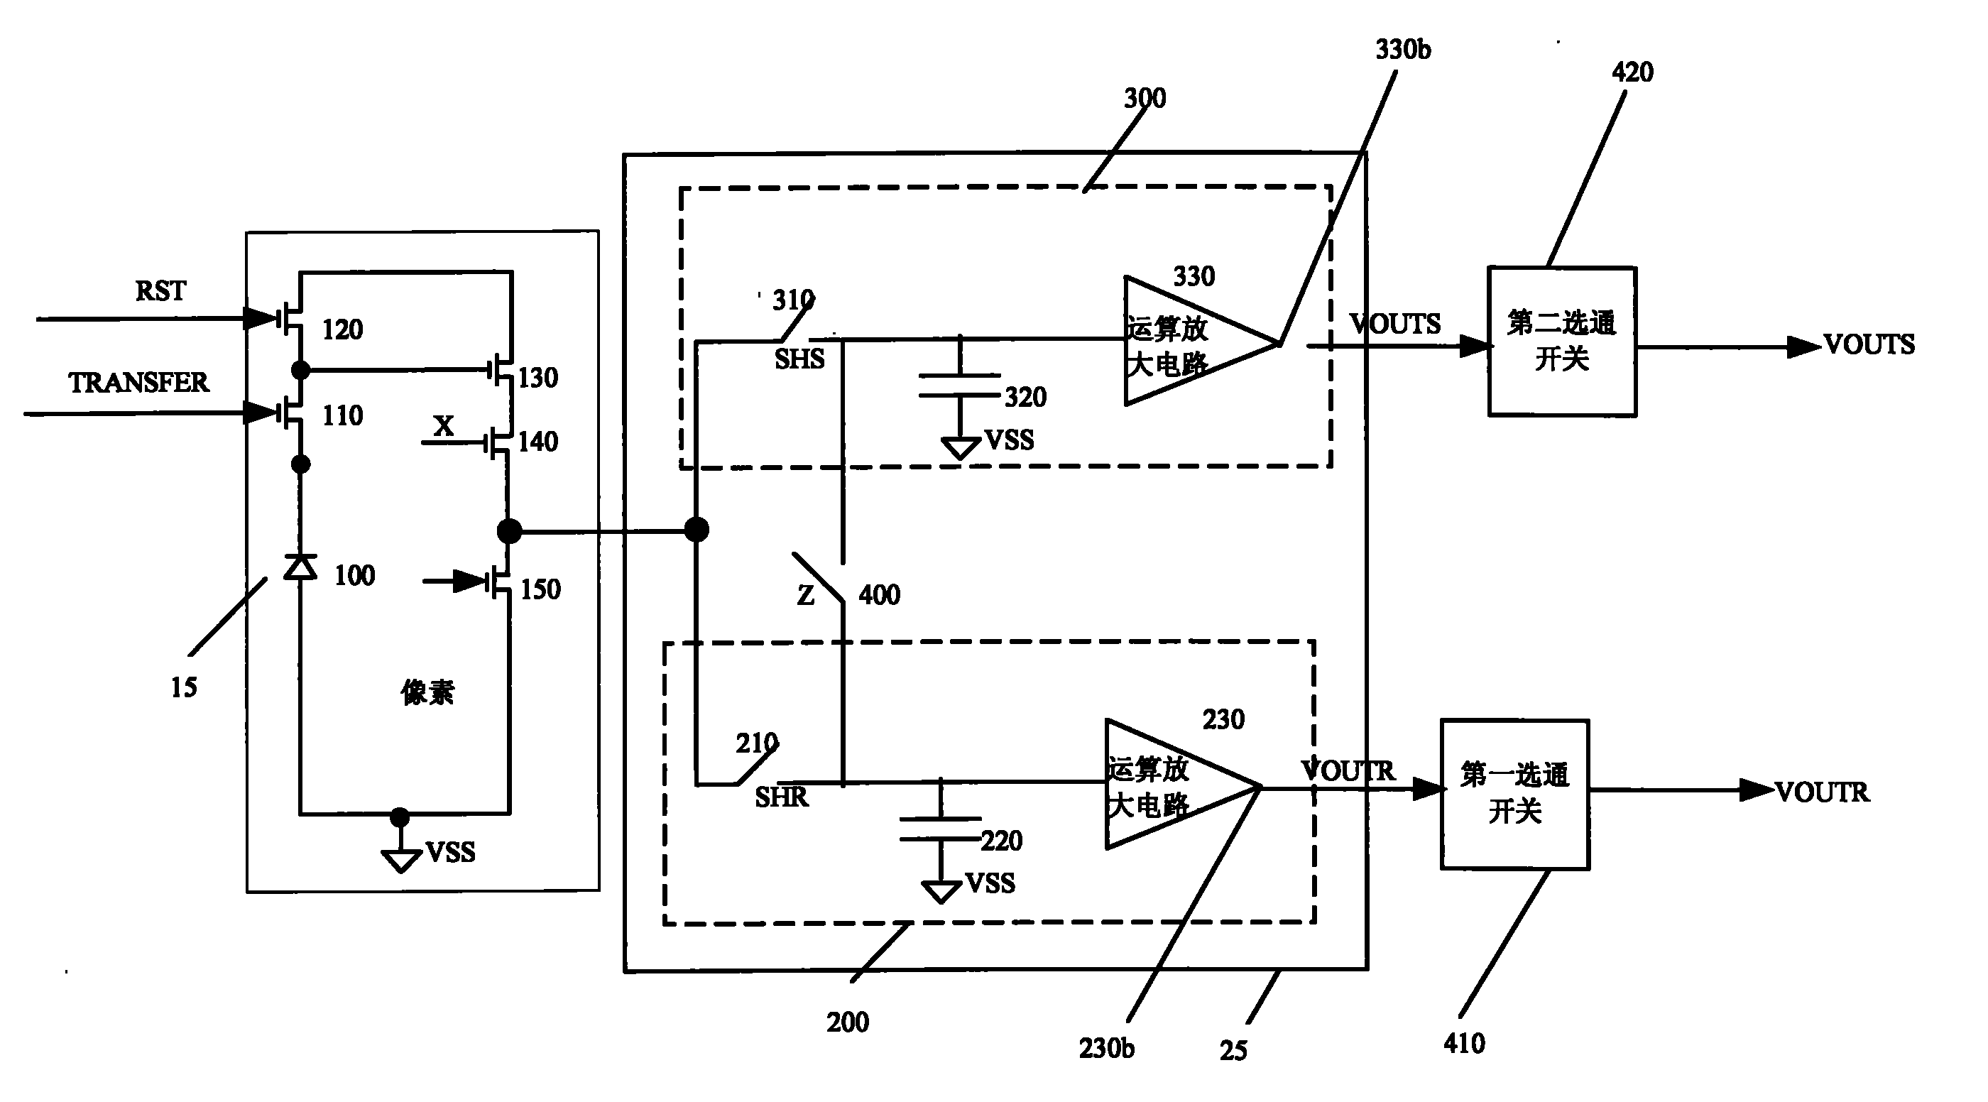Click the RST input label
[160, 291]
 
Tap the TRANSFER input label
[139, 383]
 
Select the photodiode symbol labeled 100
[300, 567]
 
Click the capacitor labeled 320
[960, 386]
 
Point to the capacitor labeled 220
[941, 828]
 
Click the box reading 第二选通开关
[1562, 341]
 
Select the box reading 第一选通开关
[1515, 794]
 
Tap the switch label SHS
[799, 359]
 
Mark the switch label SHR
[781, 797]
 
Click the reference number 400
[880, 595]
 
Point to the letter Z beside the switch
[806, 596]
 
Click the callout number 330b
[1403, 50]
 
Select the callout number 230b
[1107, 1048]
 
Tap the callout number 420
[1632, 72]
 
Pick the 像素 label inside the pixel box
[427, 692]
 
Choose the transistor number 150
[540, 589]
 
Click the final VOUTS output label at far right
[1869, 344]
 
